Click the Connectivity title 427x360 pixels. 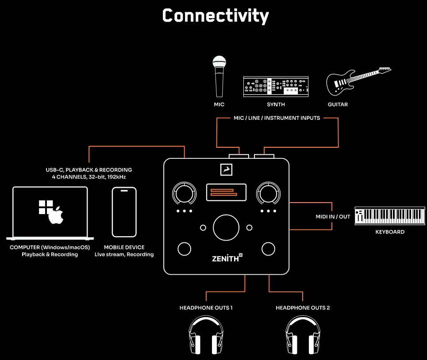coord(215,16)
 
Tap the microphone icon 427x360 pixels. coord(219,76)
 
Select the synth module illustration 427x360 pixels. coord(276,87)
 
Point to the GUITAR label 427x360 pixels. coord(338,105)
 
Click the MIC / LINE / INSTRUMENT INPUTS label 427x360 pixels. coord(277,118)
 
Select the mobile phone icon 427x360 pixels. coord(124,212)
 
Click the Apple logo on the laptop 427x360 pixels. coord(56,215)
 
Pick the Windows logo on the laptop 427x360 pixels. coord(46,207)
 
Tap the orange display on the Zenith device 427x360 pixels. coord(226,192)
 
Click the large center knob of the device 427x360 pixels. coord(226,228)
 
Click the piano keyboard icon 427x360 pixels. coord(387,215)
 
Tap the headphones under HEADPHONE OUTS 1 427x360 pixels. coord(206,335)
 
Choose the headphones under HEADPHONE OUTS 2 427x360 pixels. coord(302,335)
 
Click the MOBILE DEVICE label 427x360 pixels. coord(124,247)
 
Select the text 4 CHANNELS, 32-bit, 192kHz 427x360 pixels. coord(89,177)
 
